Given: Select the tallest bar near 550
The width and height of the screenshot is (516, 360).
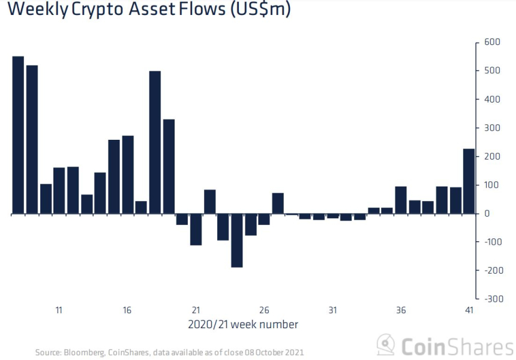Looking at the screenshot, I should [x=18, y=135].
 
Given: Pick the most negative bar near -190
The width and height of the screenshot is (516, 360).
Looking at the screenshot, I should [x=237, y=240].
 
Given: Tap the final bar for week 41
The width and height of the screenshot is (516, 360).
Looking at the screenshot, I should [x=469, y=181].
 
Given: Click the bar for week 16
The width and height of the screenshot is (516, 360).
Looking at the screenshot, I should [x=128, y=175].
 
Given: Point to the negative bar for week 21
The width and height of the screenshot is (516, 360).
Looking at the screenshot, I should [x=196, y=229].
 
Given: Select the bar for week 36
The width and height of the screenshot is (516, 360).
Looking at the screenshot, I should [x=401, y=200].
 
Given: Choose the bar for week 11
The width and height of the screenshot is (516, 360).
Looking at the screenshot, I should [x=59, y=191].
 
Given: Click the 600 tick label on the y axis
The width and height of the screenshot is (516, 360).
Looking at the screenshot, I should [x=491, y=43].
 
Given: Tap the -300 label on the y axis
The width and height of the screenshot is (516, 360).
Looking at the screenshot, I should [x=490, y=299].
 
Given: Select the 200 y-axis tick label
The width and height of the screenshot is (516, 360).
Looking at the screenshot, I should [x=491, y=157].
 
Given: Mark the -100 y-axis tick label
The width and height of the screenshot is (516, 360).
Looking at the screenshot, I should [x=490, y=242].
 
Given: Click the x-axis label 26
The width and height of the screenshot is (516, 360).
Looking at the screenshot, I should [x=264, y=310].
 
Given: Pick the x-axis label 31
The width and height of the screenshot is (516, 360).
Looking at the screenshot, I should [x=332, y=310].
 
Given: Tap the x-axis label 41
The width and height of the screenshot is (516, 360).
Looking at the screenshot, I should [x=469, y=310].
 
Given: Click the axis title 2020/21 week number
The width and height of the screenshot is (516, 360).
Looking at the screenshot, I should [x=242, y=325].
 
